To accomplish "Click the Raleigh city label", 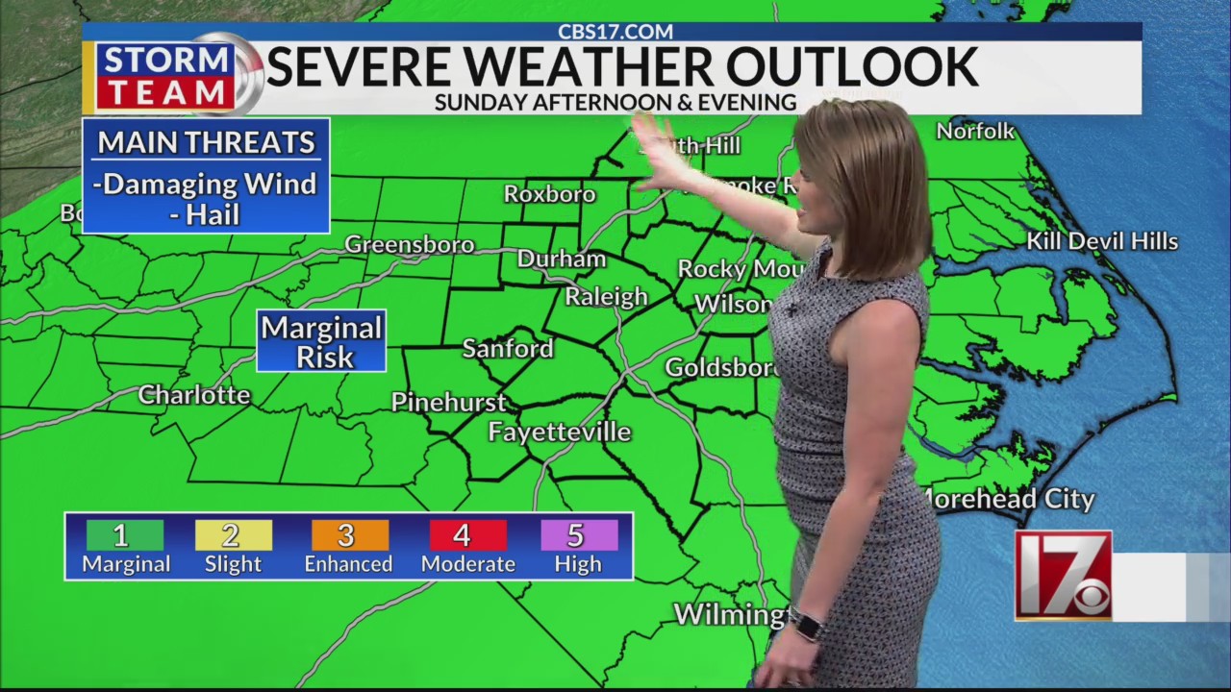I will [x=606, y=297].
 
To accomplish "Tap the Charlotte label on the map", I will [x=194, y=395].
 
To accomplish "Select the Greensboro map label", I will [x=410, y=245].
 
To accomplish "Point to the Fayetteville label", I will [x=560, y=432].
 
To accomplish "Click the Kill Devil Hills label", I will [x=1102, y=241].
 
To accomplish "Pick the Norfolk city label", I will [x=975, y=131].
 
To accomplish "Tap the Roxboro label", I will [x=550, y=194].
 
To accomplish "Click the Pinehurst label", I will [x=449, y=402].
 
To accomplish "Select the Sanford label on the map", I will [x=508, y=349].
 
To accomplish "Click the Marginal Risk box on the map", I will [x=322, y=341].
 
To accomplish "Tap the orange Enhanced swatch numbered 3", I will [x=349, y=535].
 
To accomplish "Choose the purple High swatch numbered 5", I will [x=578, y=535].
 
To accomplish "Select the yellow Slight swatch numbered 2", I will [x=233, y=535].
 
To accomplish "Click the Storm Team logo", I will [x=168, y=76].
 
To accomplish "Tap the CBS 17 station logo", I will [x=1064, y=575].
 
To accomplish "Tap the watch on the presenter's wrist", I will [x=808, y=626].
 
